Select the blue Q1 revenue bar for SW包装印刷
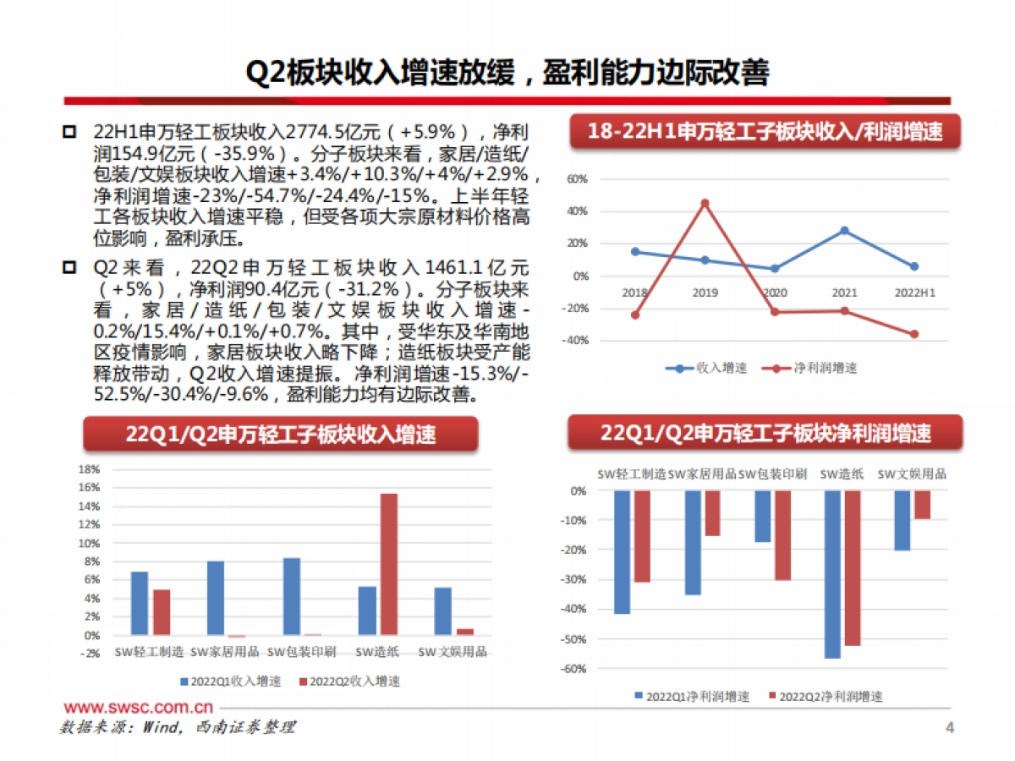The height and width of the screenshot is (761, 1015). (291, 596)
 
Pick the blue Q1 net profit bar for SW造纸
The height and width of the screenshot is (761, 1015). (832, 574)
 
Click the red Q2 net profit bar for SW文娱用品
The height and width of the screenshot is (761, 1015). (922, 505)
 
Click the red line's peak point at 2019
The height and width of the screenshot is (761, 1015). (705, 203)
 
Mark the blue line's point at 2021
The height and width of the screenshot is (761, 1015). (844, 230)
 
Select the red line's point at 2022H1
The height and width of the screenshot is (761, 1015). (913, 334)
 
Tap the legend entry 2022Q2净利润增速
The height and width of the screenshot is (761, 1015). (824, 697)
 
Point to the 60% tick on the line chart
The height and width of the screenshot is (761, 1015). (577, 179)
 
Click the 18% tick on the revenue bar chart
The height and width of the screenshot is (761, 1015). (89, 468)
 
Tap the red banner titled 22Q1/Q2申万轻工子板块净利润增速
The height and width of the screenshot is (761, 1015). (765, 434)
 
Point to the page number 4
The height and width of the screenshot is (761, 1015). (949, 727)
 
